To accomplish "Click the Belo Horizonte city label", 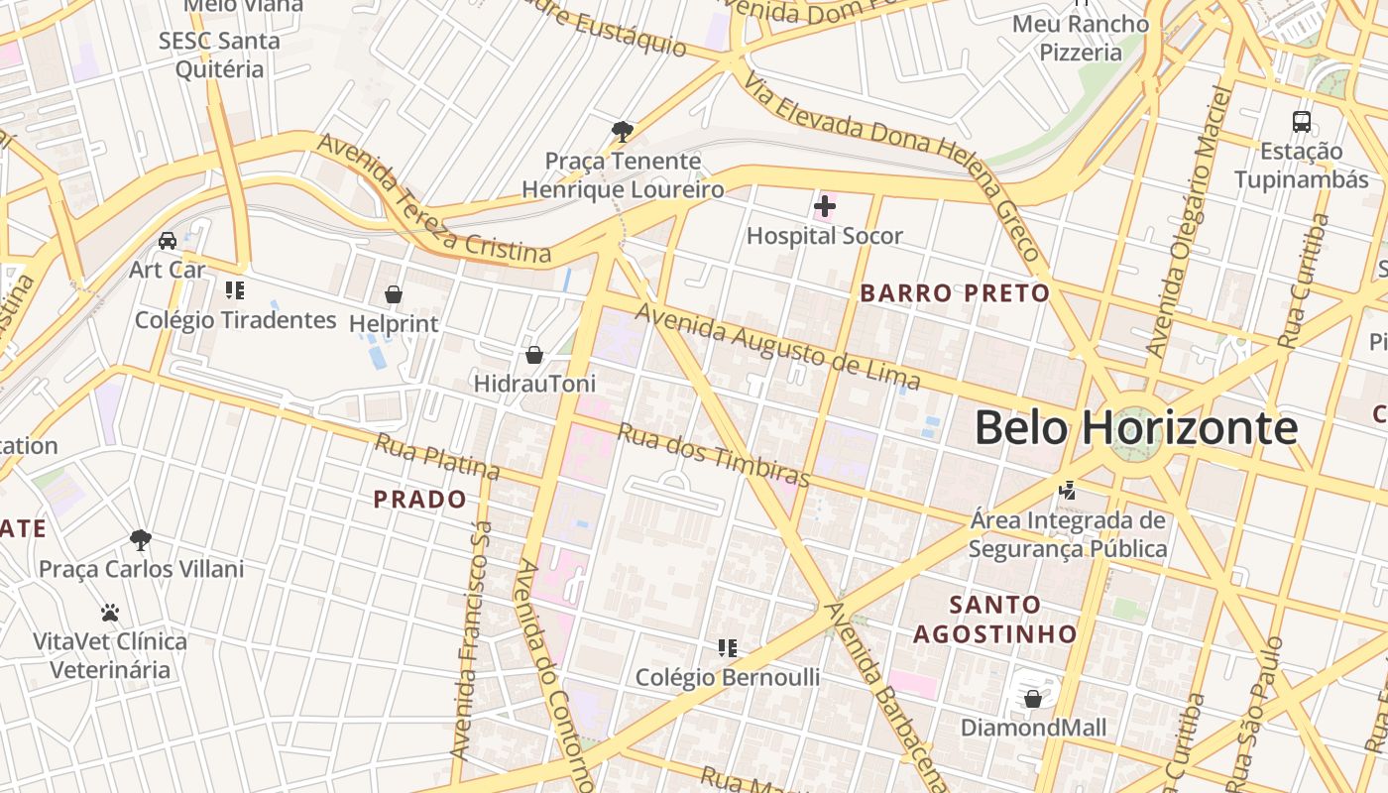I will click(x=1135, y=428).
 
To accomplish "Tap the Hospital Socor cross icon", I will click(x=824, y=206).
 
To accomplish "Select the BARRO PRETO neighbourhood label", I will click(x=955, y=293).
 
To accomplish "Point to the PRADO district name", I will click(x=419, y=500).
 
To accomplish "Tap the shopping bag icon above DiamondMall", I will click(x=1033, y=699).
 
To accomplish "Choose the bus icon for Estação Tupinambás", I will click(x=1302, y=122).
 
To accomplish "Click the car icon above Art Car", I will click(x=168, y=240).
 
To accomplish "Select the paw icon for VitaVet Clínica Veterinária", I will click(x=110, y=613).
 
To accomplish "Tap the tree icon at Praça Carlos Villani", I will click(x=141, y=540).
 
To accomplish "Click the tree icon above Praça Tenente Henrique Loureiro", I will click(x=623, y=131).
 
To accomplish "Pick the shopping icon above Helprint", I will click(x=394, y=294).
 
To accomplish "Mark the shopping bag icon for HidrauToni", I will click(x=534, y=354).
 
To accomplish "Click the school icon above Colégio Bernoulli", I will click(x=728, y=648).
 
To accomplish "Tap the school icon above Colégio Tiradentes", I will click(x=235, y=290).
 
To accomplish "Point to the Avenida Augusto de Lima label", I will click(x=778, y=347).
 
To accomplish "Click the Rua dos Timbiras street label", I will click(x=714, y=455).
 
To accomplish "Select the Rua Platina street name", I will click(x=436, y=456).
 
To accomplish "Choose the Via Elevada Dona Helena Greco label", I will click(x=892, y=169).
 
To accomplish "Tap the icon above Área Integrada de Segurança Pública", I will click(x=1068, y=490).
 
